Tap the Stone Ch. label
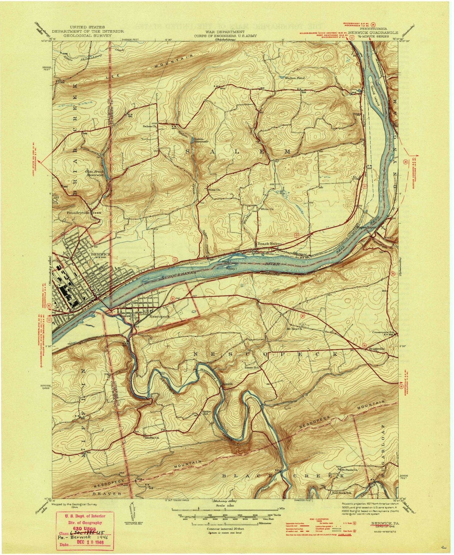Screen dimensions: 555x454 pyautogui.click(x=214, y=190)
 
